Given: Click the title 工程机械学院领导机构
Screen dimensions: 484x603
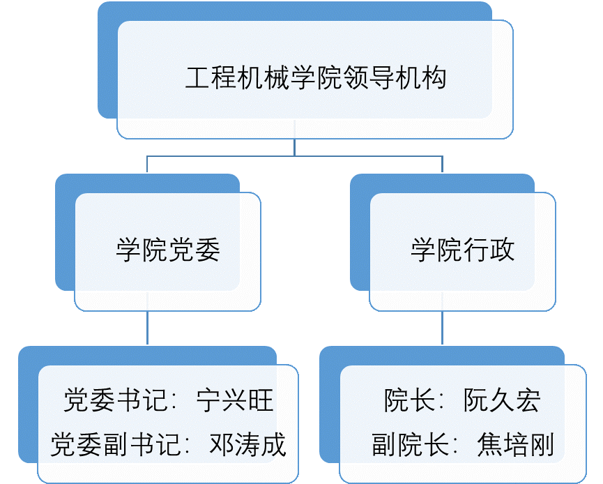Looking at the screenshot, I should point(315,78).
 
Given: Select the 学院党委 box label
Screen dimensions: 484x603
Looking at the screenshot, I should point(168,250).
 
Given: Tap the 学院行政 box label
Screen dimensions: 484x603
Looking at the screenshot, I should point(463,250).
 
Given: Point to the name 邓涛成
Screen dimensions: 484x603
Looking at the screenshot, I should point(248,444).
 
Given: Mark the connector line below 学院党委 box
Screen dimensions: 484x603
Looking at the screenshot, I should point(147,328).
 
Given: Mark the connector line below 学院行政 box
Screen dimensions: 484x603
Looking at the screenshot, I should point(442,328).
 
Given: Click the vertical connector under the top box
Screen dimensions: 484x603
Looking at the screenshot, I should point(295,146).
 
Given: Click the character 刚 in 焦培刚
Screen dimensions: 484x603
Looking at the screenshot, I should point(542,444).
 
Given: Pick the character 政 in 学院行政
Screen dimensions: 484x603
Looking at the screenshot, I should point(502,250).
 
